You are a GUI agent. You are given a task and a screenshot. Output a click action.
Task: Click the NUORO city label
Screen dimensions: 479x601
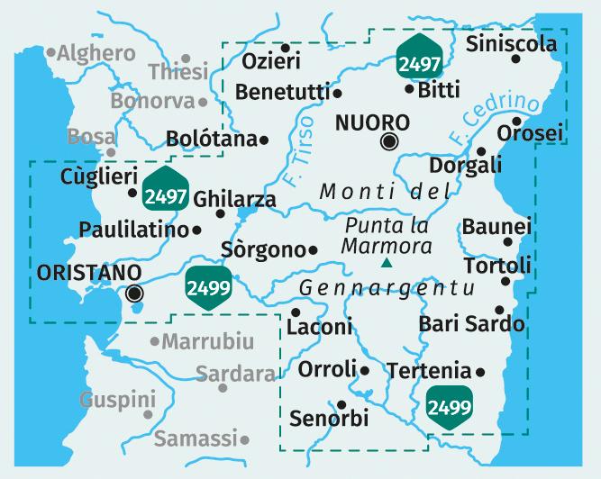[371, 122]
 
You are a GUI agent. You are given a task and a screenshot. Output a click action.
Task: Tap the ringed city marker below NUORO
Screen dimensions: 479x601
[389, 140]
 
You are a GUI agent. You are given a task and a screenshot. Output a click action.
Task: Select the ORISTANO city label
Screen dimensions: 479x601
[91, 271]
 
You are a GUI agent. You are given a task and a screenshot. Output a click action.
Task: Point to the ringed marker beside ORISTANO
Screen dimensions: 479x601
[135, 292]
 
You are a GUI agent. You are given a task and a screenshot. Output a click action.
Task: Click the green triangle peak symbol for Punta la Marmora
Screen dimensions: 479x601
[387, 263]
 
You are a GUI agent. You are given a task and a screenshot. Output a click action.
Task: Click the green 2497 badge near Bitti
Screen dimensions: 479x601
[419, 62]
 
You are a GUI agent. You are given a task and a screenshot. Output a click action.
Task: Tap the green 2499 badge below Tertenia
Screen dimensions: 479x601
[449, 406]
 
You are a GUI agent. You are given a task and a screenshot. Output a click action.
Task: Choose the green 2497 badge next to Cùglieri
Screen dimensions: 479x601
[165, 194]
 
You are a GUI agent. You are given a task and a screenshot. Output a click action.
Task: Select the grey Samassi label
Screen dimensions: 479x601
[196, 438]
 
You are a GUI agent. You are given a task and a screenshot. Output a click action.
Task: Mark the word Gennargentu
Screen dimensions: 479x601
[373, 288]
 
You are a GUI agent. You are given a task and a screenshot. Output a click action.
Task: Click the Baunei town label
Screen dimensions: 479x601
[496, 226]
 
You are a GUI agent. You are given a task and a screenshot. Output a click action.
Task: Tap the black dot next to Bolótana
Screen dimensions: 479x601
[264, 140]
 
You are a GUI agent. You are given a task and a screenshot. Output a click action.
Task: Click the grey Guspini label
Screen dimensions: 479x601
[117, 398]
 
